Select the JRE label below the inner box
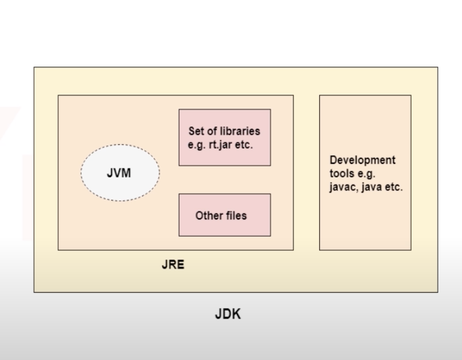[x=173, y=265]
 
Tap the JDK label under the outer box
[x=228, y=315]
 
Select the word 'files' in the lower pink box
[x=236, y=215]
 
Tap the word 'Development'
[x=362, y=160]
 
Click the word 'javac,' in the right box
[x=343, y=187]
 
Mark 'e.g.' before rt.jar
[x=197, y=145]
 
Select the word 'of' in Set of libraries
[x=212, y=131]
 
